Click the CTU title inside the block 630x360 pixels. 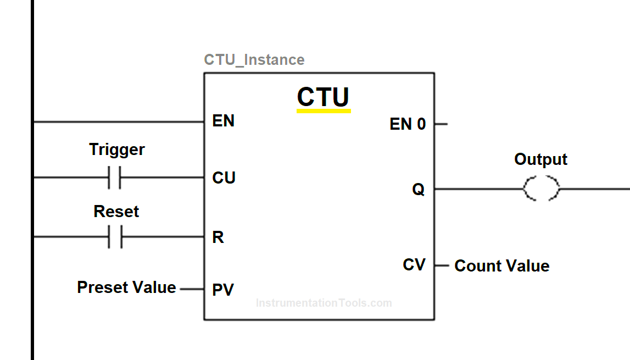[323, 97]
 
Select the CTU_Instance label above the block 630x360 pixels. [254, 59]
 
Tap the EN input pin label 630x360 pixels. [223, 121]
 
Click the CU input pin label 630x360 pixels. [224, 178]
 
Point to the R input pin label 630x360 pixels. [218, 237]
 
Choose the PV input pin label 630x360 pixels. [223, 289]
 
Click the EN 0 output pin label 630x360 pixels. [408, 124]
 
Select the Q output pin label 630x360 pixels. [419, 190]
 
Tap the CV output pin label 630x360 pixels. [414, 265]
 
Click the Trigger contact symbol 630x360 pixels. [115, 178]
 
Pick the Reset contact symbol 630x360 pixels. [115, 237]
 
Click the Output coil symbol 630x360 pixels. [541, 189]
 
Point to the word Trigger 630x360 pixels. [117, 149]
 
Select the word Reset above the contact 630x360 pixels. [116, 212]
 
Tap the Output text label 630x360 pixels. [540, 159]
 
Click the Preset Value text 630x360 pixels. [126, 287]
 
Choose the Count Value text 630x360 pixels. [502, 266]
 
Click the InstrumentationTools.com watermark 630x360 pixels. [324, 303]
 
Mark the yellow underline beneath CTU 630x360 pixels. [324, 110]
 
